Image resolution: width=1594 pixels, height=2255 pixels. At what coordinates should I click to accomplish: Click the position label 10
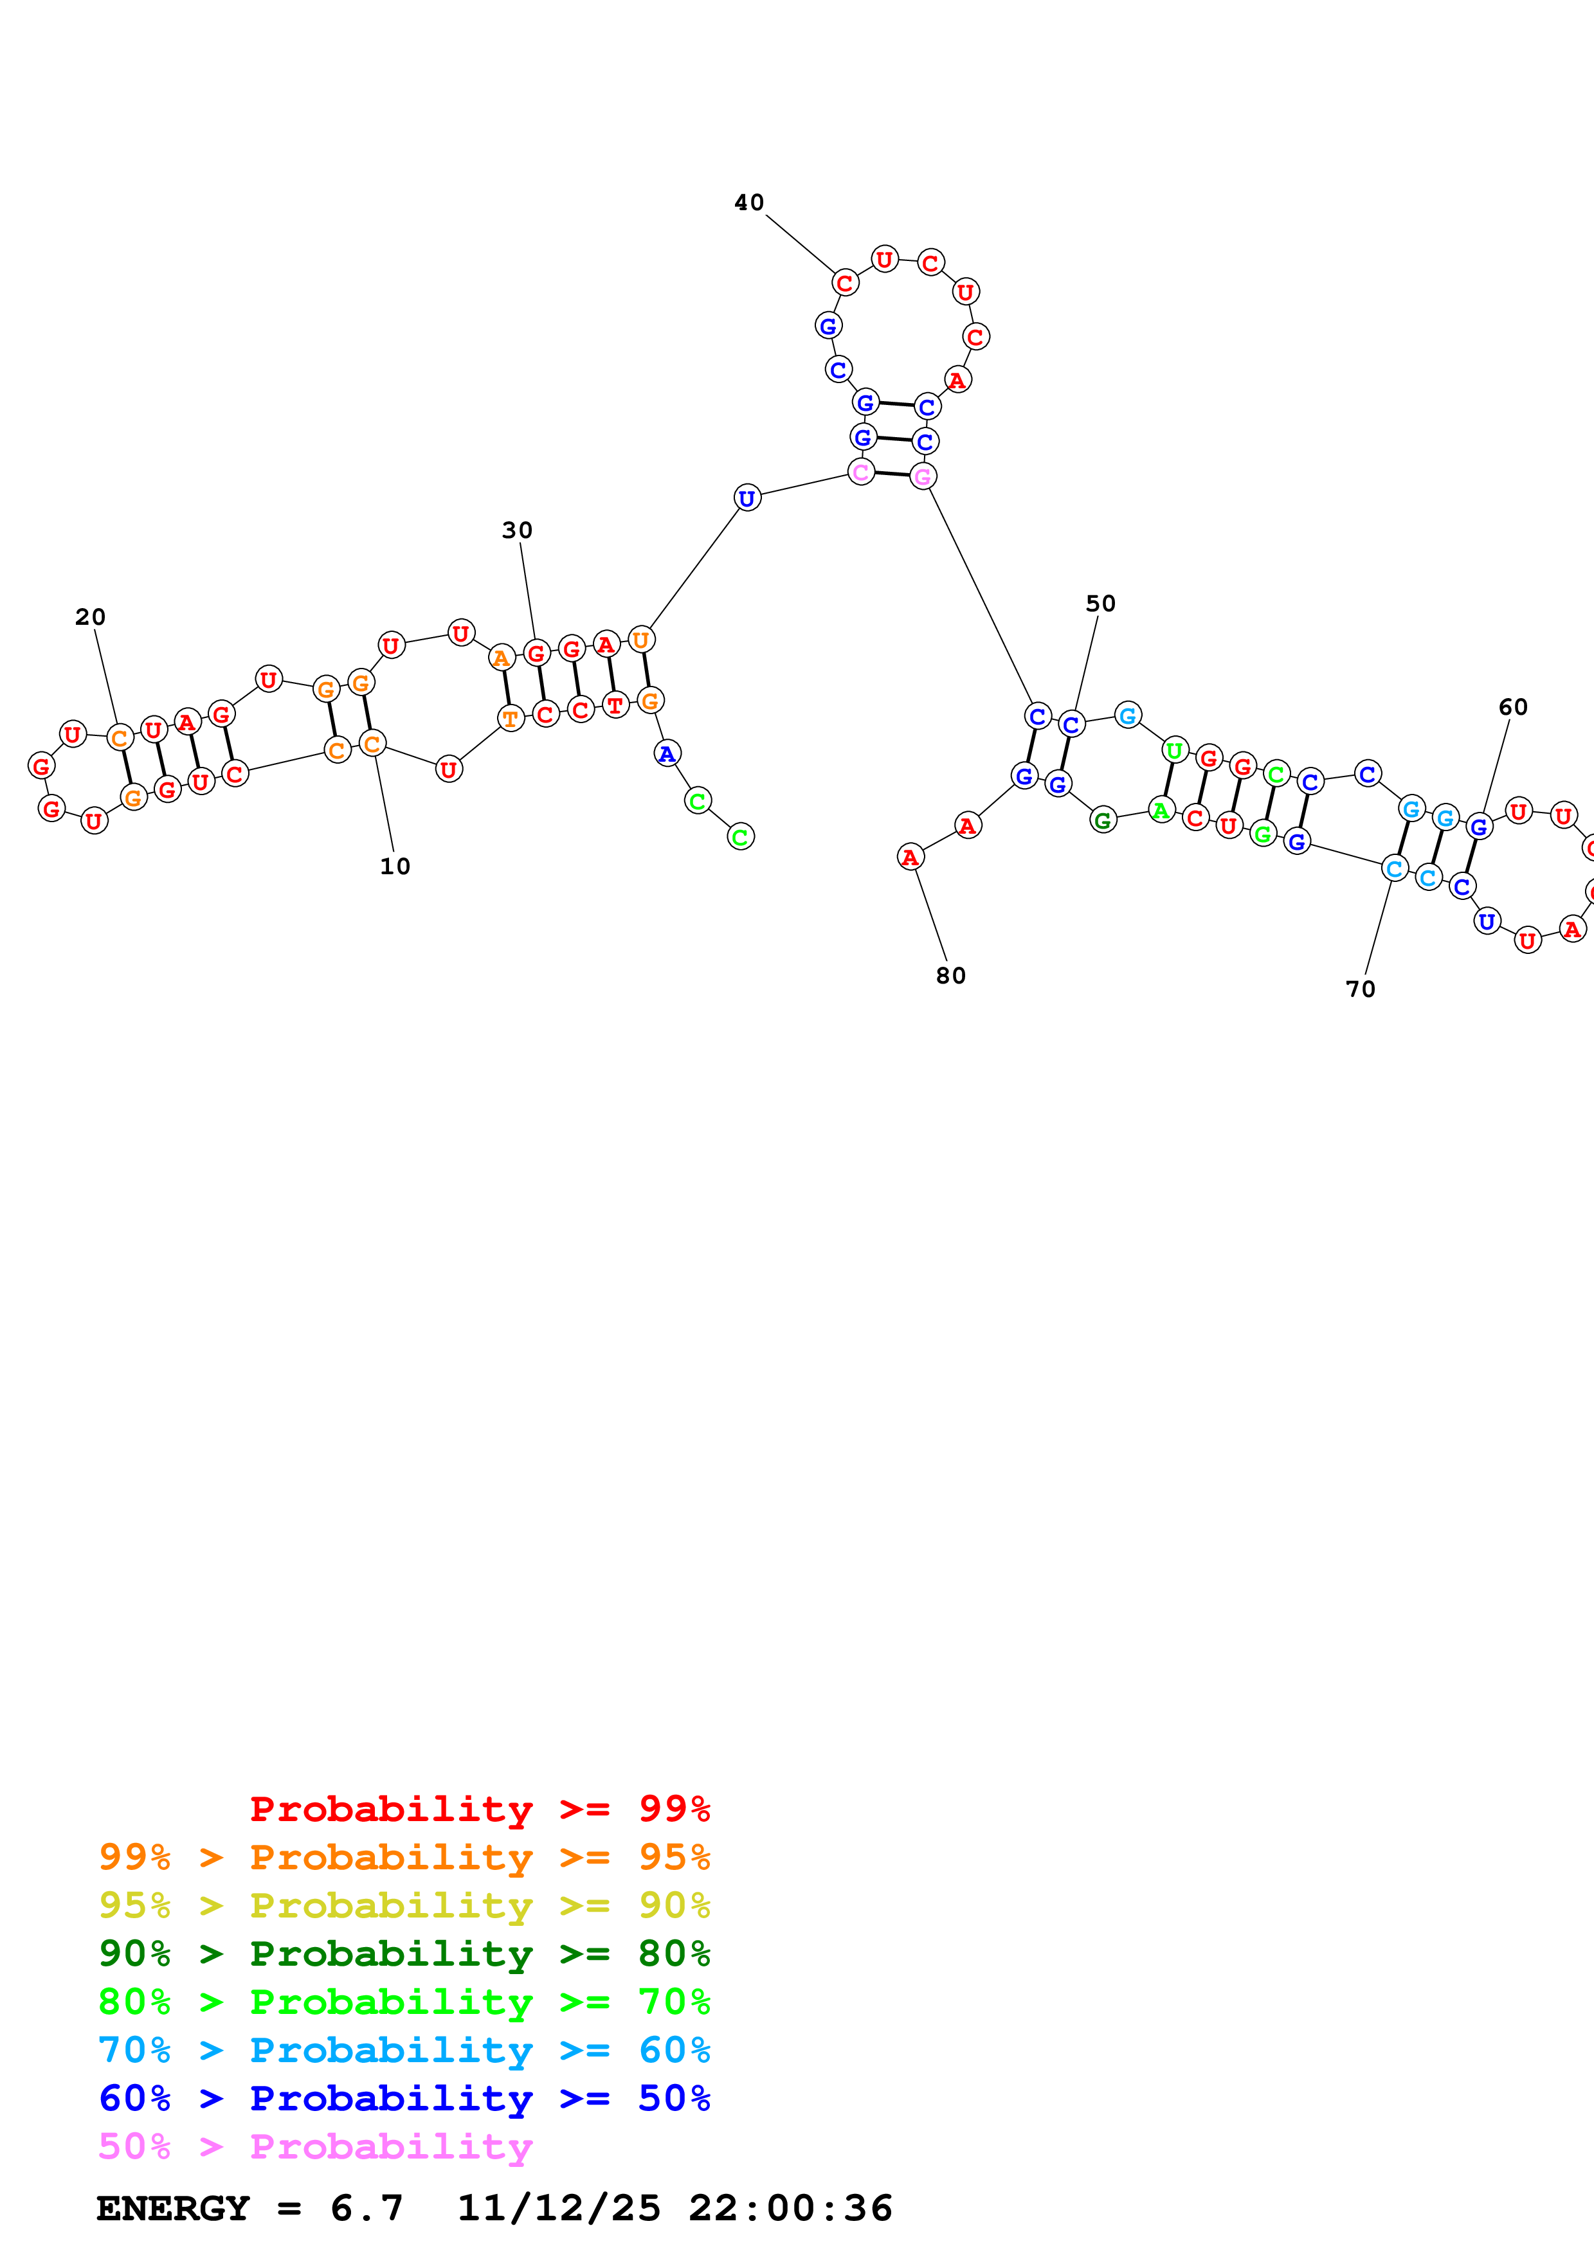click(x=395, y=867)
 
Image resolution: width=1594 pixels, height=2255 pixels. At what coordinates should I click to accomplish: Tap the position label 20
click(x=91, y=617)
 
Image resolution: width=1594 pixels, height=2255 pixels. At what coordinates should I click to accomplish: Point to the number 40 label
click(x=749, y=202)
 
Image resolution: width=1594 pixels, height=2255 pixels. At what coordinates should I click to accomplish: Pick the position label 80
click(x=951, y=975)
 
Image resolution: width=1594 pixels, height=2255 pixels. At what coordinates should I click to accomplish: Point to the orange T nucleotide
click(x=511, y=719)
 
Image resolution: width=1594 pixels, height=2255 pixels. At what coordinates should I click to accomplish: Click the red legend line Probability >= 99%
click(x=479, y=1809)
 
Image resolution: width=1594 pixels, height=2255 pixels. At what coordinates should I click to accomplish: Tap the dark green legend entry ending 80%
click(x=404, y=1954)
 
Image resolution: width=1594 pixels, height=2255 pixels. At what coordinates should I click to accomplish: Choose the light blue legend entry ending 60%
click(x=404, y=2050)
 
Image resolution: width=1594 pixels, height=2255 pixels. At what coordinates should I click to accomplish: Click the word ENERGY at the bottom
click(x=173, y=2208)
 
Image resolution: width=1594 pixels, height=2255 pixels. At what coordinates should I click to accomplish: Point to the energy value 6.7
click(x=367, y=2208)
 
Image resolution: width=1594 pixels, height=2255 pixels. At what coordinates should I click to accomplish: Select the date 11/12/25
click(x=559, y=2208)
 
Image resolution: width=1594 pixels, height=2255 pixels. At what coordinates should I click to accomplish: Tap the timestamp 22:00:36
click(x=791, y=2208)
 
